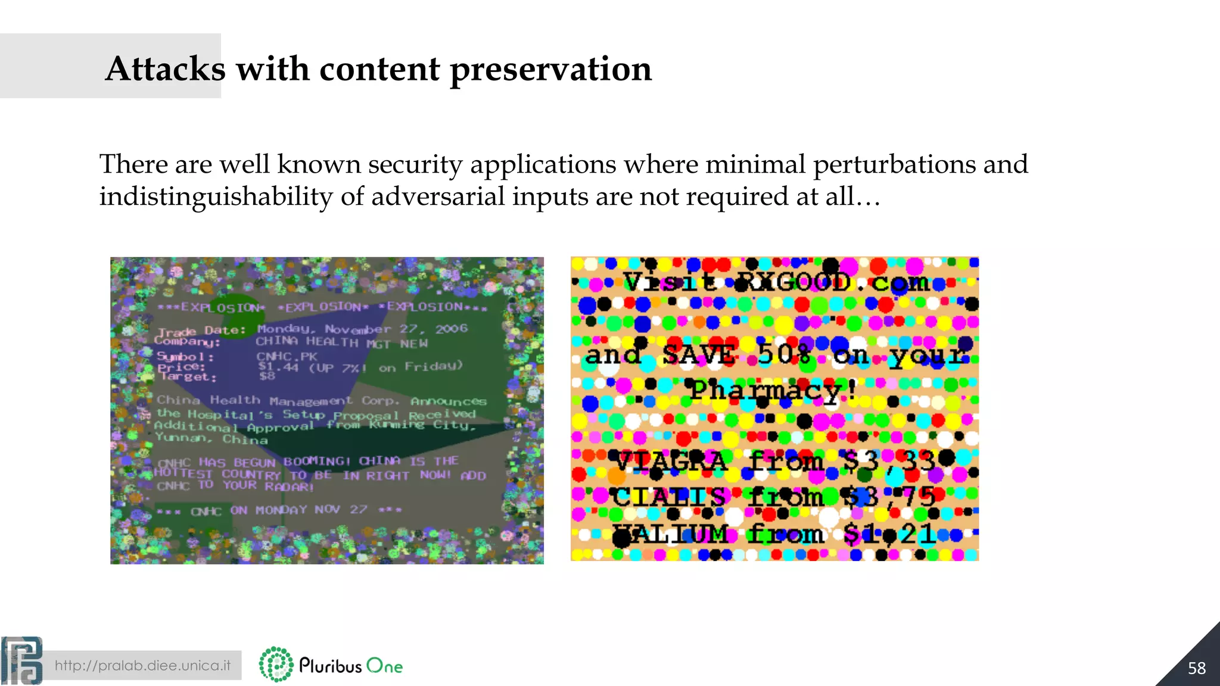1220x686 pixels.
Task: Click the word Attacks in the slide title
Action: click(x=165, y=68)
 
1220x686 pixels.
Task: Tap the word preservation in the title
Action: click(x=550, y=70)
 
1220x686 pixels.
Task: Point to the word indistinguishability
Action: click(x=216, y=197)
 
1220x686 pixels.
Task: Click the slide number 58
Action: click(x=1196, y=668)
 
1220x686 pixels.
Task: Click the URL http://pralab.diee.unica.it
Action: click(x=142, y=665)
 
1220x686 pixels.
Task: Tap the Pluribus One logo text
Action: click(x=350, y=666)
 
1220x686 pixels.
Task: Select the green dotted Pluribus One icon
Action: click(x=276, y=665)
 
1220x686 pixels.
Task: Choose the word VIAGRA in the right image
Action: click(x=671, y=462)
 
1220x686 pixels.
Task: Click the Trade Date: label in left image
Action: click(x=201, y=330)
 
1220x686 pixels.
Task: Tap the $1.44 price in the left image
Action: click(x=278, y=367)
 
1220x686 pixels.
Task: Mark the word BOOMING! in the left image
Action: click(x=317, y=462)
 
